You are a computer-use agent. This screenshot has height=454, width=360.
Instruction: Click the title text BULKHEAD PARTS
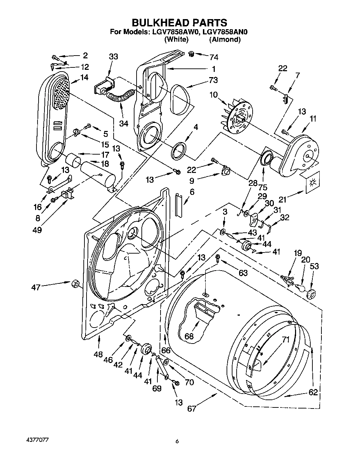pyautogui.click(x=180, y=23)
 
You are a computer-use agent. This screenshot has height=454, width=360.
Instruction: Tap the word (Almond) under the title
pyautogui.click(x=224, y=40)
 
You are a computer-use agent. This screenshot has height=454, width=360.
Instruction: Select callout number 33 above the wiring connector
pyautogui.click(x=113, y=57)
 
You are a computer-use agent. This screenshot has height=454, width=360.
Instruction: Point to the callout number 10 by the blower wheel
pyautogui.click(x=213, y=94)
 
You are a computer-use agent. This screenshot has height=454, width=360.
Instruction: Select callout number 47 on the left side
pyautogui.click(x=36, y=287)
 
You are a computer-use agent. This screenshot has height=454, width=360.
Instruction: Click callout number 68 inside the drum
pyautogui.click(x=189, y=336)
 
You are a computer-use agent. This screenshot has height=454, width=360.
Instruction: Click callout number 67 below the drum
pyautogui.click(x=192, y=409)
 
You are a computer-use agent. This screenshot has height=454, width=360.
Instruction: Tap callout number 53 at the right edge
pyautogui.click(x=314, y=266)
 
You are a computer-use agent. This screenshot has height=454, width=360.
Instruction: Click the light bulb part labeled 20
pyautogui.click(x=300, y=288)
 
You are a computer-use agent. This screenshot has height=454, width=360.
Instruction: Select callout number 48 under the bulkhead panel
pyautogui.click(x=98, y=354)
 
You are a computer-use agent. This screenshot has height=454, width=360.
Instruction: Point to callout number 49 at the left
pyautogui.click(x=37, y=230)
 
